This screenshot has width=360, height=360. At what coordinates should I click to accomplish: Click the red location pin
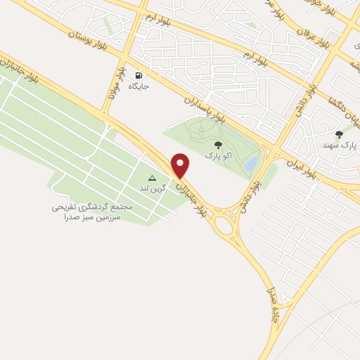[x=181, y=165]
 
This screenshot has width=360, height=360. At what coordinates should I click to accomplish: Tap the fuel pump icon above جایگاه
[x=139, y=75]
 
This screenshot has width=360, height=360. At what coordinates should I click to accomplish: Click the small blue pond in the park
[x=250, y=164]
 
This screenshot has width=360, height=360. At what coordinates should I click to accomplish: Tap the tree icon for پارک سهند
[x=339, y=134]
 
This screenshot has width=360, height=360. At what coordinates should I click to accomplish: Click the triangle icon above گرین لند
[x=152, y=179]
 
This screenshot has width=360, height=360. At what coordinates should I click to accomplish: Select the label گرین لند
[x=152, y=190]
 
